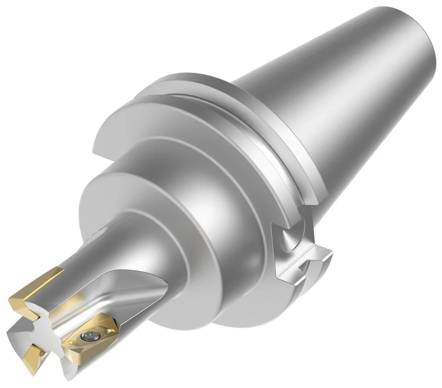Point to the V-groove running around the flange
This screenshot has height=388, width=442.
(x=261, y=154)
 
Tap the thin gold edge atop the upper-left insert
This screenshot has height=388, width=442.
(x=37, y=276)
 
